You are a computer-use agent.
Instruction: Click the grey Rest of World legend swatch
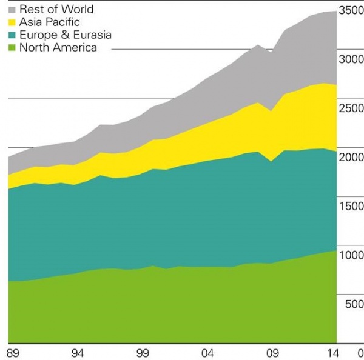coord(12,10)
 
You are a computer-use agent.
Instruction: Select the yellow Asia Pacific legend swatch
coord(12,22)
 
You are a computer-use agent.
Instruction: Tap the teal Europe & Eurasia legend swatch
coord(12,35)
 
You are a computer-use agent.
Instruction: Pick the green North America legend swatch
coord(12,48)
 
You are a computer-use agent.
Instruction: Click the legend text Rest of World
coord(56,10)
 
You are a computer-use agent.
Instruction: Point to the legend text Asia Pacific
coord(50,22)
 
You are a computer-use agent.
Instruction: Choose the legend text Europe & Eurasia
coord(66,35)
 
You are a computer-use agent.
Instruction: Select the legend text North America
coord(58,48)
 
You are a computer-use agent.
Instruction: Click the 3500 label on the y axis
coord(352,10)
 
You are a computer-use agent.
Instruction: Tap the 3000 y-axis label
coord(352,59)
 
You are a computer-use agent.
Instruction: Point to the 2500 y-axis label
coord(352,108)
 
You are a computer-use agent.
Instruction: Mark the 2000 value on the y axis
coord(352,158)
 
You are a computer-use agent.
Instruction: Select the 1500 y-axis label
coord(352,207)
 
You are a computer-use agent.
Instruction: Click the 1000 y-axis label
coord(352,256)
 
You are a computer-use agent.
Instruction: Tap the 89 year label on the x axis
coord(12,353)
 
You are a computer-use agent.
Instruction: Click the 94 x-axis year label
coord(78,353)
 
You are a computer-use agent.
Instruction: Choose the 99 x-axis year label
coord(143,353)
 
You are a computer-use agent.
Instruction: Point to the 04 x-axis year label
coord(208,353)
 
